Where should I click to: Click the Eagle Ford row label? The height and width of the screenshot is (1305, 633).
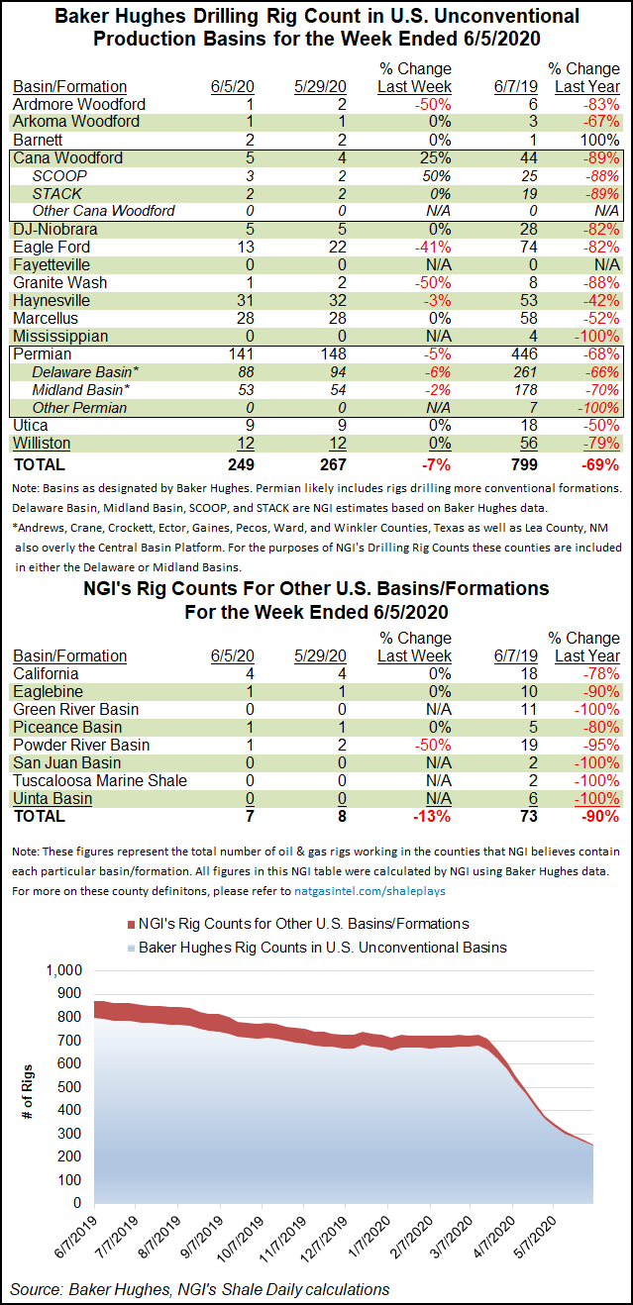(52, 247)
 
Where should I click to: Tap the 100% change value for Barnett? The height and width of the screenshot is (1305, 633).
(599, 140)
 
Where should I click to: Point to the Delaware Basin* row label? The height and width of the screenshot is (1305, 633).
(84, 372)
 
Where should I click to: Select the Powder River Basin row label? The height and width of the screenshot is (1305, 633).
(81, 745)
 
